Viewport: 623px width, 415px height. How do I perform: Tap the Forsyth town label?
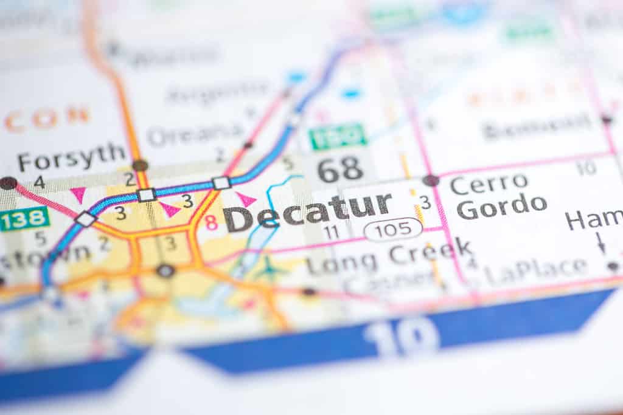pos(71,157)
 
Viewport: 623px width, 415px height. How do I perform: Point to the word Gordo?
pos(502,207)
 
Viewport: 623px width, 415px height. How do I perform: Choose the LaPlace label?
pos(535,270)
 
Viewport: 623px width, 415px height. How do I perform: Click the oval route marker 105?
pos(393,229)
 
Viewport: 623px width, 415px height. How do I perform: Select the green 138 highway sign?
pos(24,219)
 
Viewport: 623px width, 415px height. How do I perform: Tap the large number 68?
pos(340,170)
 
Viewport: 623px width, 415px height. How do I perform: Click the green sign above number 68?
pos(337,137)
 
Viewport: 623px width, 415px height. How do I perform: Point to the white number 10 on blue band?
pos(402,336)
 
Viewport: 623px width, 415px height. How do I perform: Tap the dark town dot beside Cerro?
pos(431,180)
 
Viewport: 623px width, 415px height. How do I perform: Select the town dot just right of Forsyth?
pos(140,165)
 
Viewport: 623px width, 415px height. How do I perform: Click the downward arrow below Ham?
pos(601,242)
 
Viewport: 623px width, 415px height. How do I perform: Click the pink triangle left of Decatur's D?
pos(245,199)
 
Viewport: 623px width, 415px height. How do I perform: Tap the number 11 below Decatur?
pos(331,232)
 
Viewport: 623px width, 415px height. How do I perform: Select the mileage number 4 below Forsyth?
pos(40,181)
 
